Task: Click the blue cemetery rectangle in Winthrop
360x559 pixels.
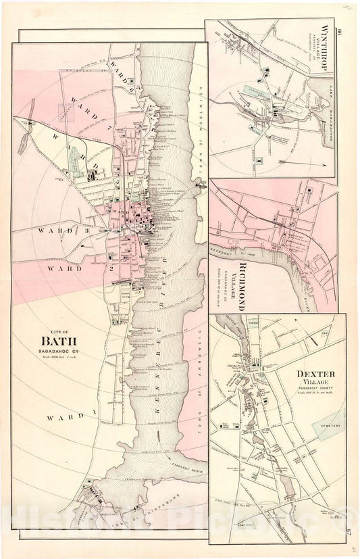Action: [x=260, y=160]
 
